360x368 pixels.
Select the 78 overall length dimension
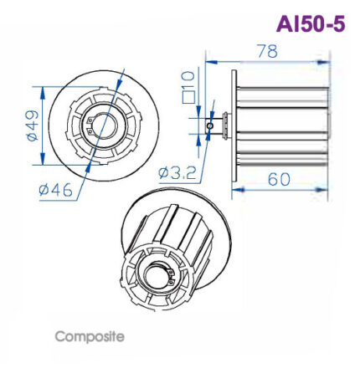[x=267, y=51]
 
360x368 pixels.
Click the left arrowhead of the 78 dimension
[x=208, y=61]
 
